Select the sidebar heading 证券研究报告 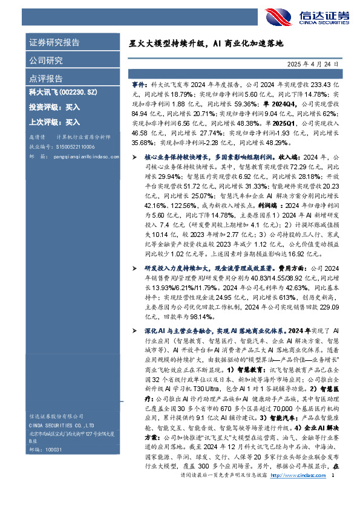click(x=54, y=43)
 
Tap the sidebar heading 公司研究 click(x=46, y=60)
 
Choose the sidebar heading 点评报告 click(x=46, y=79)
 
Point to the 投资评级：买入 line click(x=54, y=107)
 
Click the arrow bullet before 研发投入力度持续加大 click(x=135, y=267)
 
